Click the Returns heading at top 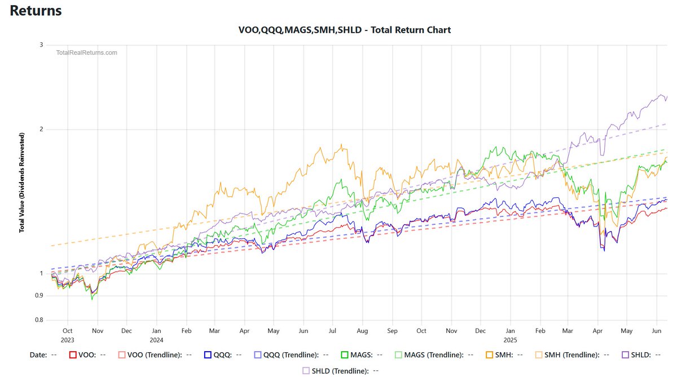[36, 11]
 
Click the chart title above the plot [345, 30]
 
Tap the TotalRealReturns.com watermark [87, 52]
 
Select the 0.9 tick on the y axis [39, 296]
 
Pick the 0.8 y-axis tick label [39, 321]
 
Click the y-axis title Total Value [22, 183]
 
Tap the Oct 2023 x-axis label [68, 335]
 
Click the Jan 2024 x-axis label [156, 335]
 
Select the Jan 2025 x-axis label [510, 335]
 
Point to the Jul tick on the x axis [333, 331]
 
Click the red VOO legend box [72, 355]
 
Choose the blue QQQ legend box [208, 355]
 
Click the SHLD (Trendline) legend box [307, 371]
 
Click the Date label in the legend [38, 355]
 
